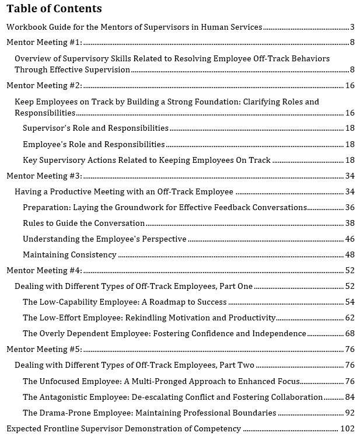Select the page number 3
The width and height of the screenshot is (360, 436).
coord(352,27)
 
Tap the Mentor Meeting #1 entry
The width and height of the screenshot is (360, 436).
coord(44,43)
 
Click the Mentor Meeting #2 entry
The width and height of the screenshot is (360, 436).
coord(44,86)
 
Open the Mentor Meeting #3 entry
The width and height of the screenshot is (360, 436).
coord(44,176)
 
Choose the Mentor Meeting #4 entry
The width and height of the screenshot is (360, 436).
coord(44,270)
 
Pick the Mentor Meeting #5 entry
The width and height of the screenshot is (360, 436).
coord(44,349)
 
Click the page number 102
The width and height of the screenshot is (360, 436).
coord(348,428)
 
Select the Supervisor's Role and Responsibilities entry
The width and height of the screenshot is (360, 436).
coord(96,128)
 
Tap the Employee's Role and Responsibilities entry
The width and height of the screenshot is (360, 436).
coord(93,144)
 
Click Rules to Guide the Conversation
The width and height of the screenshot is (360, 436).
coord(83,223)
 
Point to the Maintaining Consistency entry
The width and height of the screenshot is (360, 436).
coord(69,254)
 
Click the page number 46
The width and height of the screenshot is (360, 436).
coord(349,239)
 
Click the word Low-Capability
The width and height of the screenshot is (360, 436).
coord(65,302)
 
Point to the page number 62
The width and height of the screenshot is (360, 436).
coord(349,318)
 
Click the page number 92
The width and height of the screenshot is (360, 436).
coord(349,413)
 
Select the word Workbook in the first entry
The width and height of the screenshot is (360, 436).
coord(25,27)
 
